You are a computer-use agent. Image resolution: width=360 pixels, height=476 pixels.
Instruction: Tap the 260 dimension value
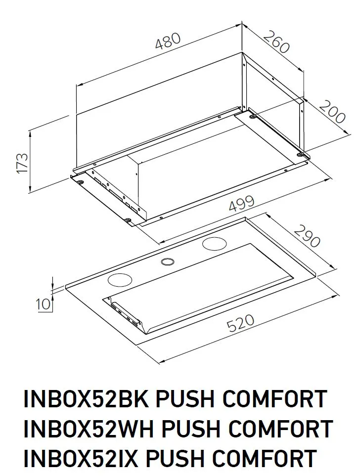click(275, 42)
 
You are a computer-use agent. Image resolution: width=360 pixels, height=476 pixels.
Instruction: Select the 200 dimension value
click(332, 112)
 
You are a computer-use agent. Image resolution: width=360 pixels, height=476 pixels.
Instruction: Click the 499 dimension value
click(241, 203)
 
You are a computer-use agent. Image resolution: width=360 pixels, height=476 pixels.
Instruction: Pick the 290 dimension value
click(307, 236)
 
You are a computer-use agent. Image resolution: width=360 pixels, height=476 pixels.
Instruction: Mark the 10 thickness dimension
click(44, 303)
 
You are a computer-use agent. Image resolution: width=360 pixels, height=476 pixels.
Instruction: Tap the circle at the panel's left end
click(119, 279)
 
